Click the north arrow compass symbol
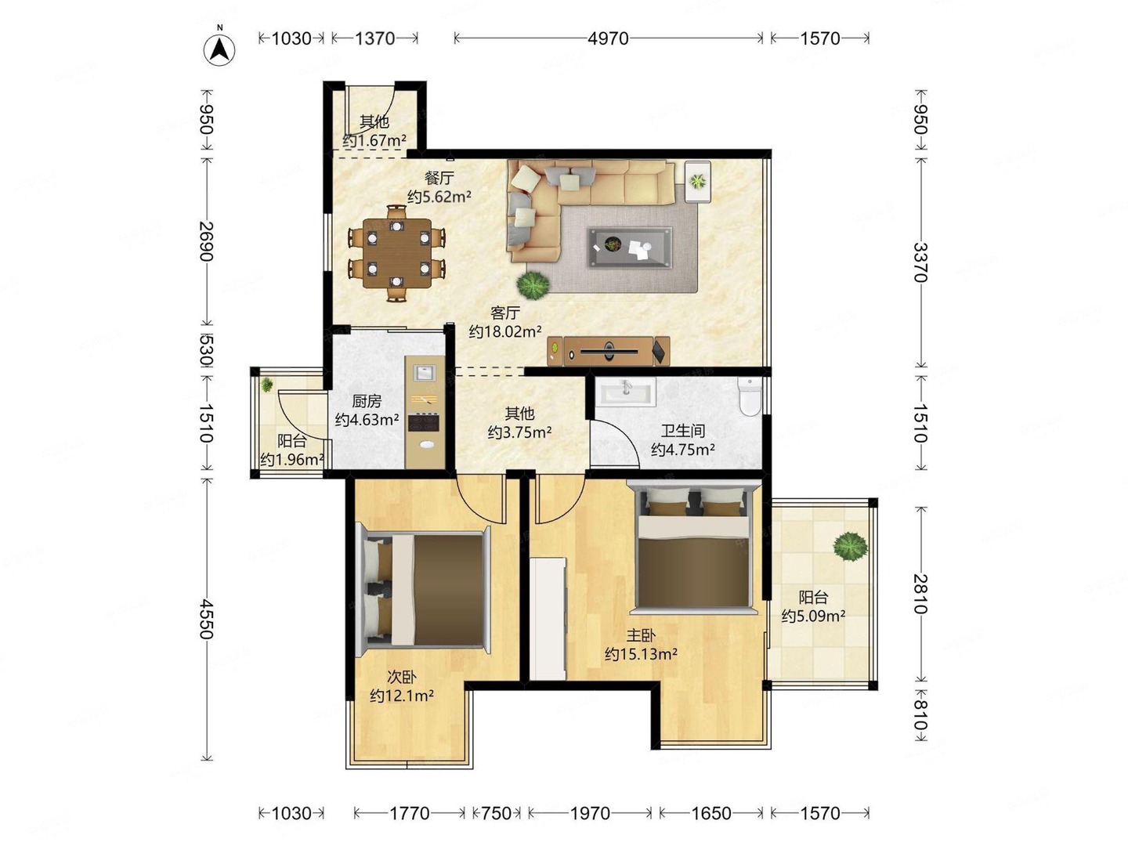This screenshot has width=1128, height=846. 219,50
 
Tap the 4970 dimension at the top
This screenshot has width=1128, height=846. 608,38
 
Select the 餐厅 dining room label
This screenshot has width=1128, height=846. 439,178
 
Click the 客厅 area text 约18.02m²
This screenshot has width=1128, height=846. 505,332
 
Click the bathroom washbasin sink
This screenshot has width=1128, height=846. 628,390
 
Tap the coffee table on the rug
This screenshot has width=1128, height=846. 630,247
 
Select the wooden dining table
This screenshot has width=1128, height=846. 396,253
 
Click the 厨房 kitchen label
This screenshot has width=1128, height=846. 367,400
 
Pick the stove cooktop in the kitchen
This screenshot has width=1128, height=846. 424,421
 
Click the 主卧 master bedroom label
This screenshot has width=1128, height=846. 641,636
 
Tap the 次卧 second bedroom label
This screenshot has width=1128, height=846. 402,678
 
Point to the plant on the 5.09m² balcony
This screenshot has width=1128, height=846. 851,546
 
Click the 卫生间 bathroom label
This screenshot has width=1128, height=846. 682,431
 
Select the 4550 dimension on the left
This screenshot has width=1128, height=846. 206,619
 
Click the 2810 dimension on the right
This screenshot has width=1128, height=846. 921,594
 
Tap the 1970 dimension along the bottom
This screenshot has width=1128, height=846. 590,813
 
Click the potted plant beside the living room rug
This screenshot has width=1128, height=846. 533,285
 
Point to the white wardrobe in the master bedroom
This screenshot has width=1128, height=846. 548,619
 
